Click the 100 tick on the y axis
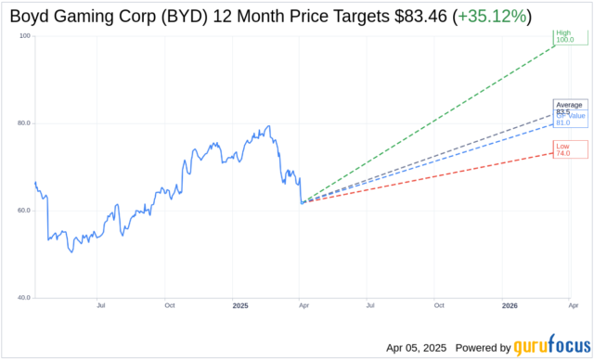tap(24, 35)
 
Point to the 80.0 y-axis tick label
tap(22, 123)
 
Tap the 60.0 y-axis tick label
tap(22, 211)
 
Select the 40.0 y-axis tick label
tap(22, 298)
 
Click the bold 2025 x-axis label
tap(240, 305)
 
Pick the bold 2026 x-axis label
tap(510, 305)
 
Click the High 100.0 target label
tap(563, 36)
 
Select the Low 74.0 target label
tap(563, 148)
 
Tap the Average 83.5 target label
tap(569, 108)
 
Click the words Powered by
tap(485, 348)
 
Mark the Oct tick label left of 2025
tap(170, 305)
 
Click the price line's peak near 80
tap(269, 126)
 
